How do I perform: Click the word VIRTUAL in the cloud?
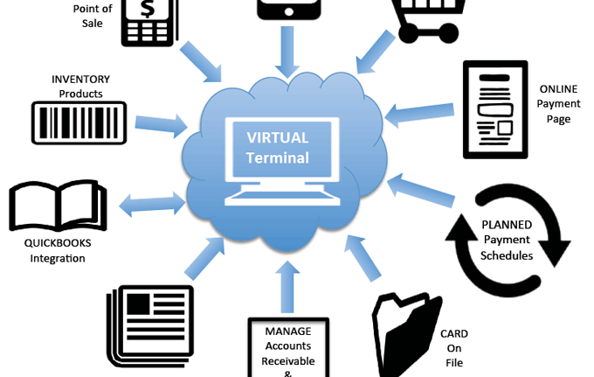click(278, 138)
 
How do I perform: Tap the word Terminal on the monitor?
click(278, 157)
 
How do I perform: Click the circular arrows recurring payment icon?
click(508, 239)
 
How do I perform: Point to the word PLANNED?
click(508, 225)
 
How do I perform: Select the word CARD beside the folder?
click(453, 333)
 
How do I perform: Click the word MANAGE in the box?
click(288, 331)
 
